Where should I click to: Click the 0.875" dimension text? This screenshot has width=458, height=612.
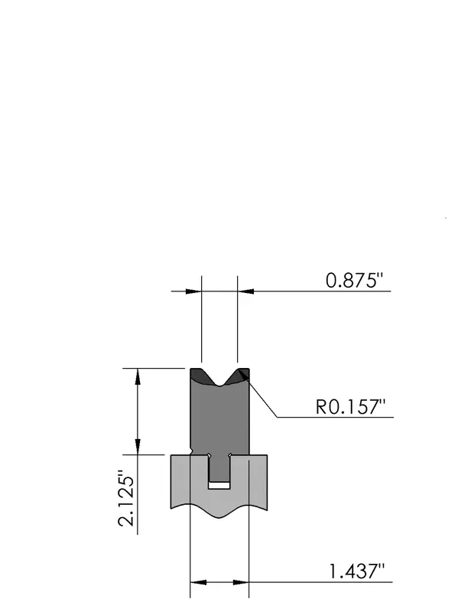(x=354, y=280)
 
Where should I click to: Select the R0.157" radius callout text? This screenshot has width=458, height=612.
(x=350, y=407)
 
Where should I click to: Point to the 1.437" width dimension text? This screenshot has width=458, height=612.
(x=357, y=571)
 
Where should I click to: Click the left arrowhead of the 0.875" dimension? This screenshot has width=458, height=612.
(x=193, y=291)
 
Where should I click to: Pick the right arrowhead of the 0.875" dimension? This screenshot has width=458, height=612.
(x=245, y=291)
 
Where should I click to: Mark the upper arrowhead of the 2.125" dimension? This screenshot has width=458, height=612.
(x=138, y=376)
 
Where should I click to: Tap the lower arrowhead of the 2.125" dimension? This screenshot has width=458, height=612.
(x=138, y=447)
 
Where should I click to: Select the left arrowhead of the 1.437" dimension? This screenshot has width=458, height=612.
(x=198, y=582)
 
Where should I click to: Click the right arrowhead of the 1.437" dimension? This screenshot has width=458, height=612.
(x=241, y=582)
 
